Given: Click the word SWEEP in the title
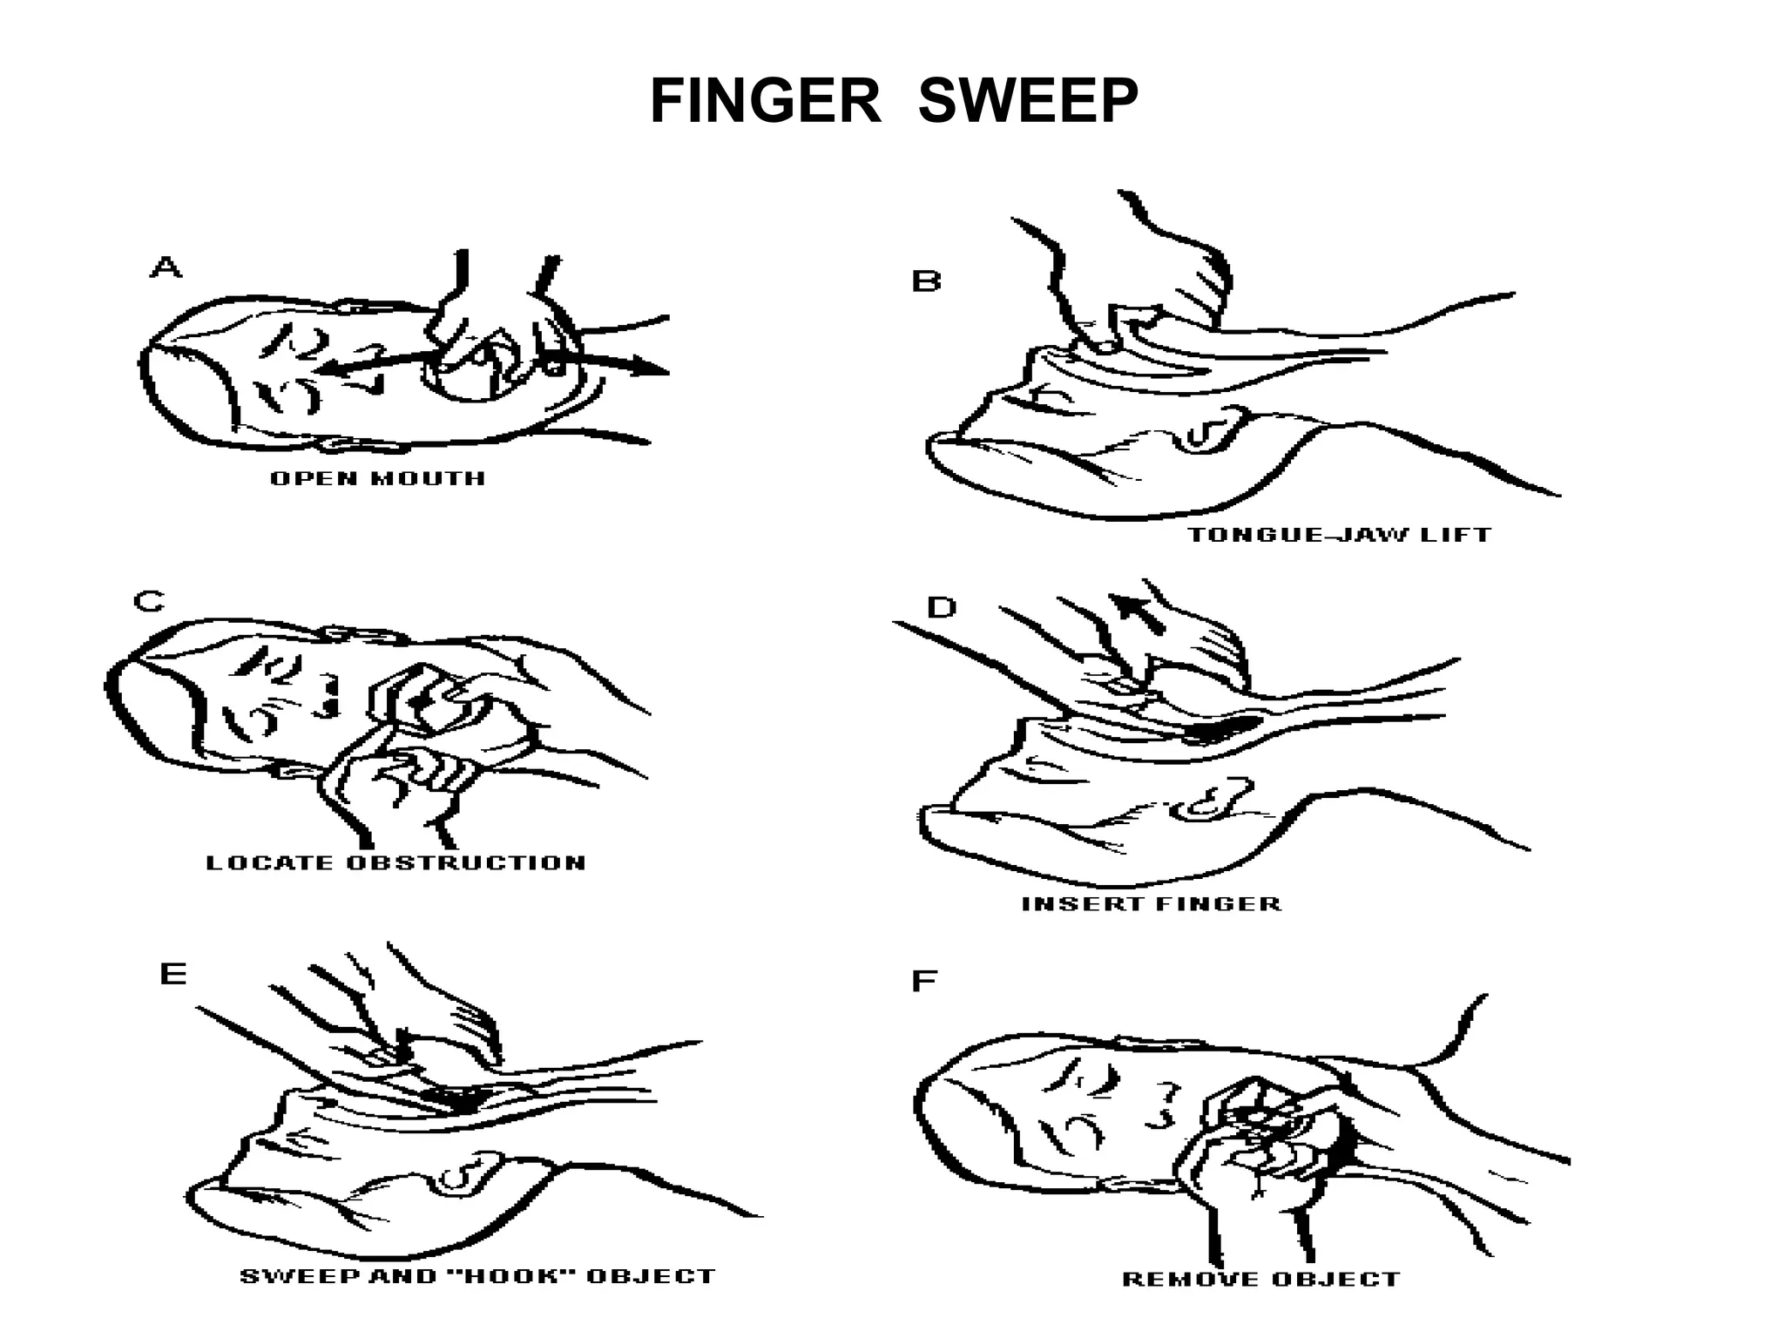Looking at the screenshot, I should tap(1028, 102).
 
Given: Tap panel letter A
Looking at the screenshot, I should tap(166, 267).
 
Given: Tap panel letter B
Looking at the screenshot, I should tap(926, 281).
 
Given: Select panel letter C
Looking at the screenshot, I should tap(149, 601).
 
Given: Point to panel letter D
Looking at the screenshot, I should tap(941, 607).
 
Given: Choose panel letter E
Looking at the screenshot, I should tap(173, 973).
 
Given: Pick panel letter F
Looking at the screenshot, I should tap(923, 982).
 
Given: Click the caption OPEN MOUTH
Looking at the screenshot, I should tap(377, 478).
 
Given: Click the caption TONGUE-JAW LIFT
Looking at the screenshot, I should tap(1339, 534).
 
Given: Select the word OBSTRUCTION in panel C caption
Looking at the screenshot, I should tap(466, 863).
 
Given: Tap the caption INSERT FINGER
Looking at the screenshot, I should tap(1151, 903).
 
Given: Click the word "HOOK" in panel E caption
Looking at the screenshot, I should tap(506, 1276).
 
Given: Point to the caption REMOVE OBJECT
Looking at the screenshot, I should tap(1260, 1280).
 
